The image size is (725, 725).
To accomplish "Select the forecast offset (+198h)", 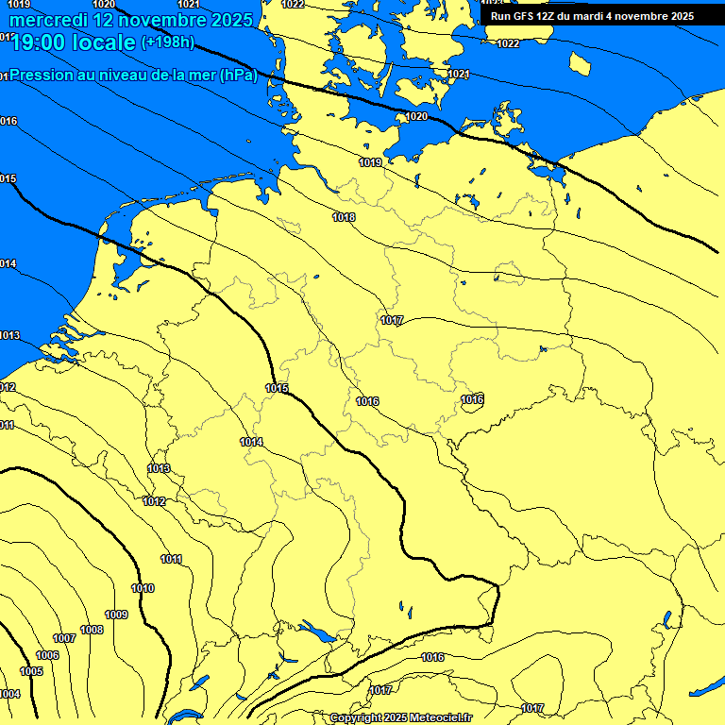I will coord(167,42).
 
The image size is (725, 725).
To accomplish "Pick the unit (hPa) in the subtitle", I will coord(238,76).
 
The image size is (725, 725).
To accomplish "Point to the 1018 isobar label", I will coord(345,218).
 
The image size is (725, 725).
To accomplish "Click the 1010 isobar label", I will coord(143,589).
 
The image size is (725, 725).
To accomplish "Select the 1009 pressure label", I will coord(116,615).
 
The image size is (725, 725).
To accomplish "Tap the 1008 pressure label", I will coord(92,630).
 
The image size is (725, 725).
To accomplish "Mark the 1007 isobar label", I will coord(64,639).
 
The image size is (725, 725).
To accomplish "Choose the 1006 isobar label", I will coord(47,655).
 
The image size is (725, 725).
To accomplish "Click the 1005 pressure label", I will coord(31,671).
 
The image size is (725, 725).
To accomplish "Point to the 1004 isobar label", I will coord(9,694).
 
